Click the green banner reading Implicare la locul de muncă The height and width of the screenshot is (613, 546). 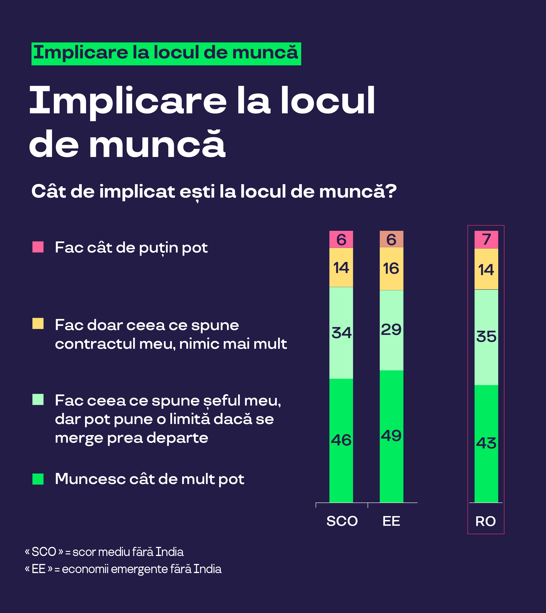[166, 54]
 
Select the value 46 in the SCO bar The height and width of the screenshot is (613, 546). [341, 440]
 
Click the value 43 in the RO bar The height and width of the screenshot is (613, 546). [486, 443]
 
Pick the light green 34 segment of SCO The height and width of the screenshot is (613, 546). [341, 333]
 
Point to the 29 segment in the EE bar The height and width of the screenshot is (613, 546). [391, 330]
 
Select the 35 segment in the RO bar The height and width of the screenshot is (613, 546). [486, 336]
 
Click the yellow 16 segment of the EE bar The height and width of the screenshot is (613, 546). [391, 268]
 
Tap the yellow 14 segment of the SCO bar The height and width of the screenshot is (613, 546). [341, 267]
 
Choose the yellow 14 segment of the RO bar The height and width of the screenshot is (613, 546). [486, 269]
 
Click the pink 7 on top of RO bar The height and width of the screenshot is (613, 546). [486, 239]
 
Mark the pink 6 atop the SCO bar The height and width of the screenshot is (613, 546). [341, 239]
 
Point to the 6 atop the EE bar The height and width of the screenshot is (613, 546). [391, 239]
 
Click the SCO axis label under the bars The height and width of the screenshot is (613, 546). [342, 521]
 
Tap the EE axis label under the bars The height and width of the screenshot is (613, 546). [391, 521]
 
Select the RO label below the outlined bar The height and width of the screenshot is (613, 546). [485, 521]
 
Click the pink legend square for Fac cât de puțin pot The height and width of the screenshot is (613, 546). [38, 247]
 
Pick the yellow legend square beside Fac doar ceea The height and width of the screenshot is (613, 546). [38, 324]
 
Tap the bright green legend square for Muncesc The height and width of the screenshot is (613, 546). [38, 479]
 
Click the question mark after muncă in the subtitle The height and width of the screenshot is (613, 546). [391, 192]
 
